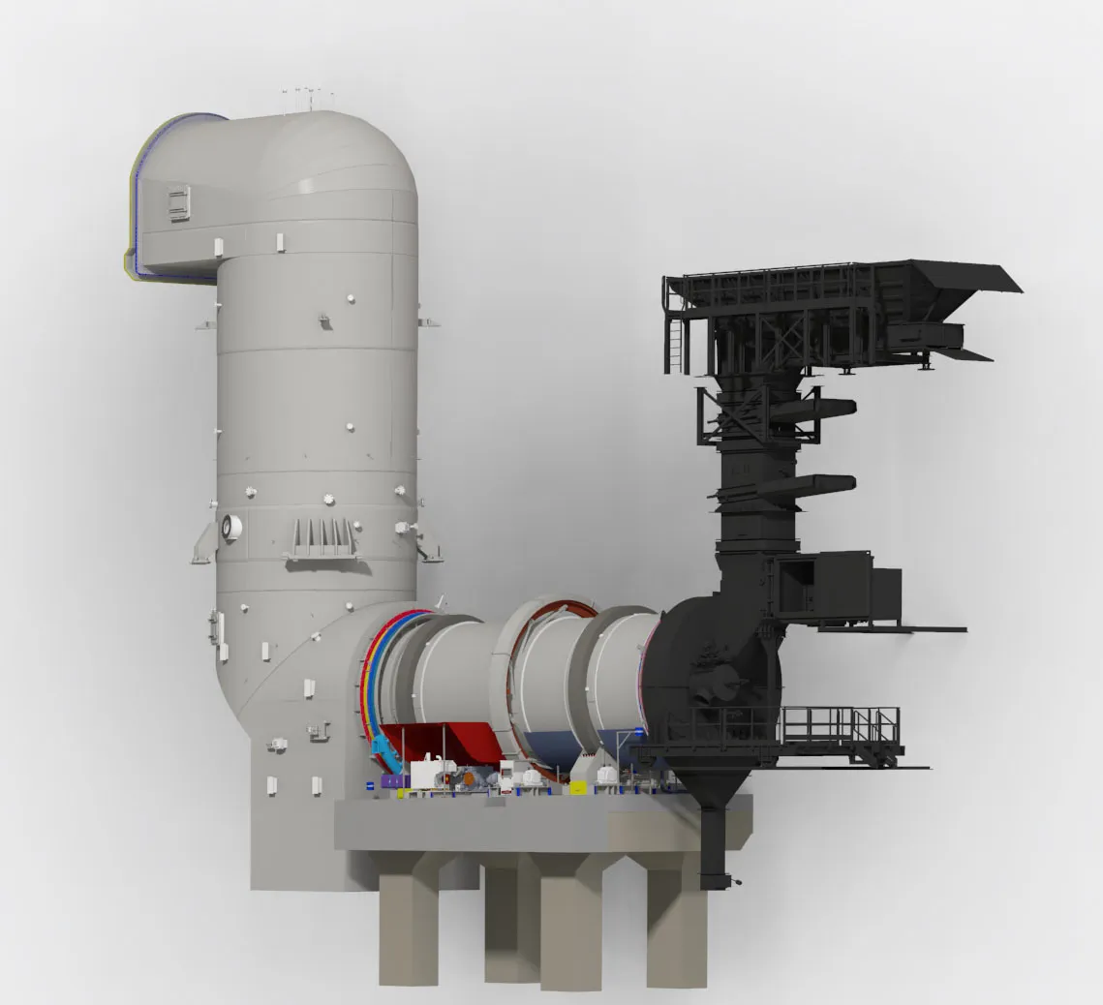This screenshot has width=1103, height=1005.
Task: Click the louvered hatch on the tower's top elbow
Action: (x=179, y=204)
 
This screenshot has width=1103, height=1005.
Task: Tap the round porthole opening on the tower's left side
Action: (x=230, y=527)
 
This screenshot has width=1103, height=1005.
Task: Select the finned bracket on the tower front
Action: (x=319, y=537)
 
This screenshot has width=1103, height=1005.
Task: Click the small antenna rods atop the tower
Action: (x=308, y=97)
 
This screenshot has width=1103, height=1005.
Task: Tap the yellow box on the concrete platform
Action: (x=404, y=791)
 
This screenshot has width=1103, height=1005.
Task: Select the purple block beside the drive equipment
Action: (x=391, y=779)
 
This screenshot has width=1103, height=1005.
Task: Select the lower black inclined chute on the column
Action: (x=819, y=484)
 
